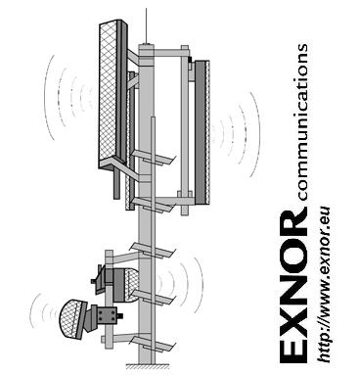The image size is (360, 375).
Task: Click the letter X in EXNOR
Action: [294, 318]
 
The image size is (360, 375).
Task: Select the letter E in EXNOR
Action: [294, 351]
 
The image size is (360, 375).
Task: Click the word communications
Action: [302, 121]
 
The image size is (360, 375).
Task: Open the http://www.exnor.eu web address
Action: [324, 285]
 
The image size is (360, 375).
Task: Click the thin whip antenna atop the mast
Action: [146, 26]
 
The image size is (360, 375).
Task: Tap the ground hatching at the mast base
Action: [147, 366]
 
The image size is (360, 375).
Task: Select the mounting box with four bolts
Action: [106, 314]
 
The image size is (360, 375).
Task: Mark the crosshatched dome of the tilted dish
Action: [69, 319]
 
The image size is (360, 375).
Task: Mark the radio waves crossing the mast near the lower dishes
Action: [179, 285]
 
